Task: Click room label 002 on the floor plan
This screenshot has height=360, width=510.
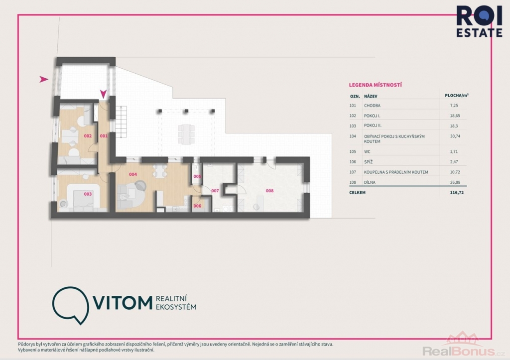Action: click(x=88, y=136)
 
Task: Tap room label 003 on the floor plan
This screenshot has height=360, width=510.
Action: click(x=88, y=194)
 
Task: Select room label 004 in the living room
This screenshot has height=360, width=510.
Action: click(x=132, y=174)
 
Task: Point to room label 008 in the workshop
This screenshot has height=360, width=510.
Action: click(x=269, y=191)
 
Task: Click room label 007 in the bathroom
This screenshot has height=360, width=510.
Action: click(x=215, y=191)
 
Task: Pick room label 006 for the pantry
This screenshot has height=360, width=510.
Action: click(x=197, y=206)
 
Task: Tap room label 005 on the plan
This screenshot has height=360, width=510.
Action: click(x=197, y=177)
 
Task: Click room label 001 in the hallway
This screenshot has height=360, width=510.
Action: click(x=104, y=136)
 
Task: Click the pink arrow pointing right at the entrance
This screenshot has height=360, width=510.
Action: click(x=44, y=79)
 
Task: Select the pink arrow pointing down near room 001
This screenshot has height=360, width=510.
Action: click(x=104, y=94)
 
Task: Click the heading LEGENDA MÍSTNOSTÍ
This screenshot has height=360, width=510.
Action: click(x=376, y=85)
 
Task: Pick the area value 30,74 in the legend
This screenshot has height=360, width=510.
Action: click(x=455, y=136)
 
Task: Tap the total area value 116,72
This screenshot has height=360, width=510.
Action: click(x=457, y=193)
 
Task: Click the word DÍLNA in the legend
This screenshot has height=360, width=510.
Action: click(x=370, y=182)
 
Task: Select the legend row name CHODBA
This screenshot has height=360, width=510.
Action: click(x=372, y=106)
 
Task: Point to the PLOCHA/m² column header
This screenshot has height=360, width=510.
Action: click(x=457, y=95)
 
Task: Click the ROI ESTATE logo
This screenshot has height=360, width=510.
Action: click(x=479, y=21)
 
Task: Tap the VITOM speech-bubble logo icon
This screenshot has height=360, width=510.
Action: click(x=71, y=305)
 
